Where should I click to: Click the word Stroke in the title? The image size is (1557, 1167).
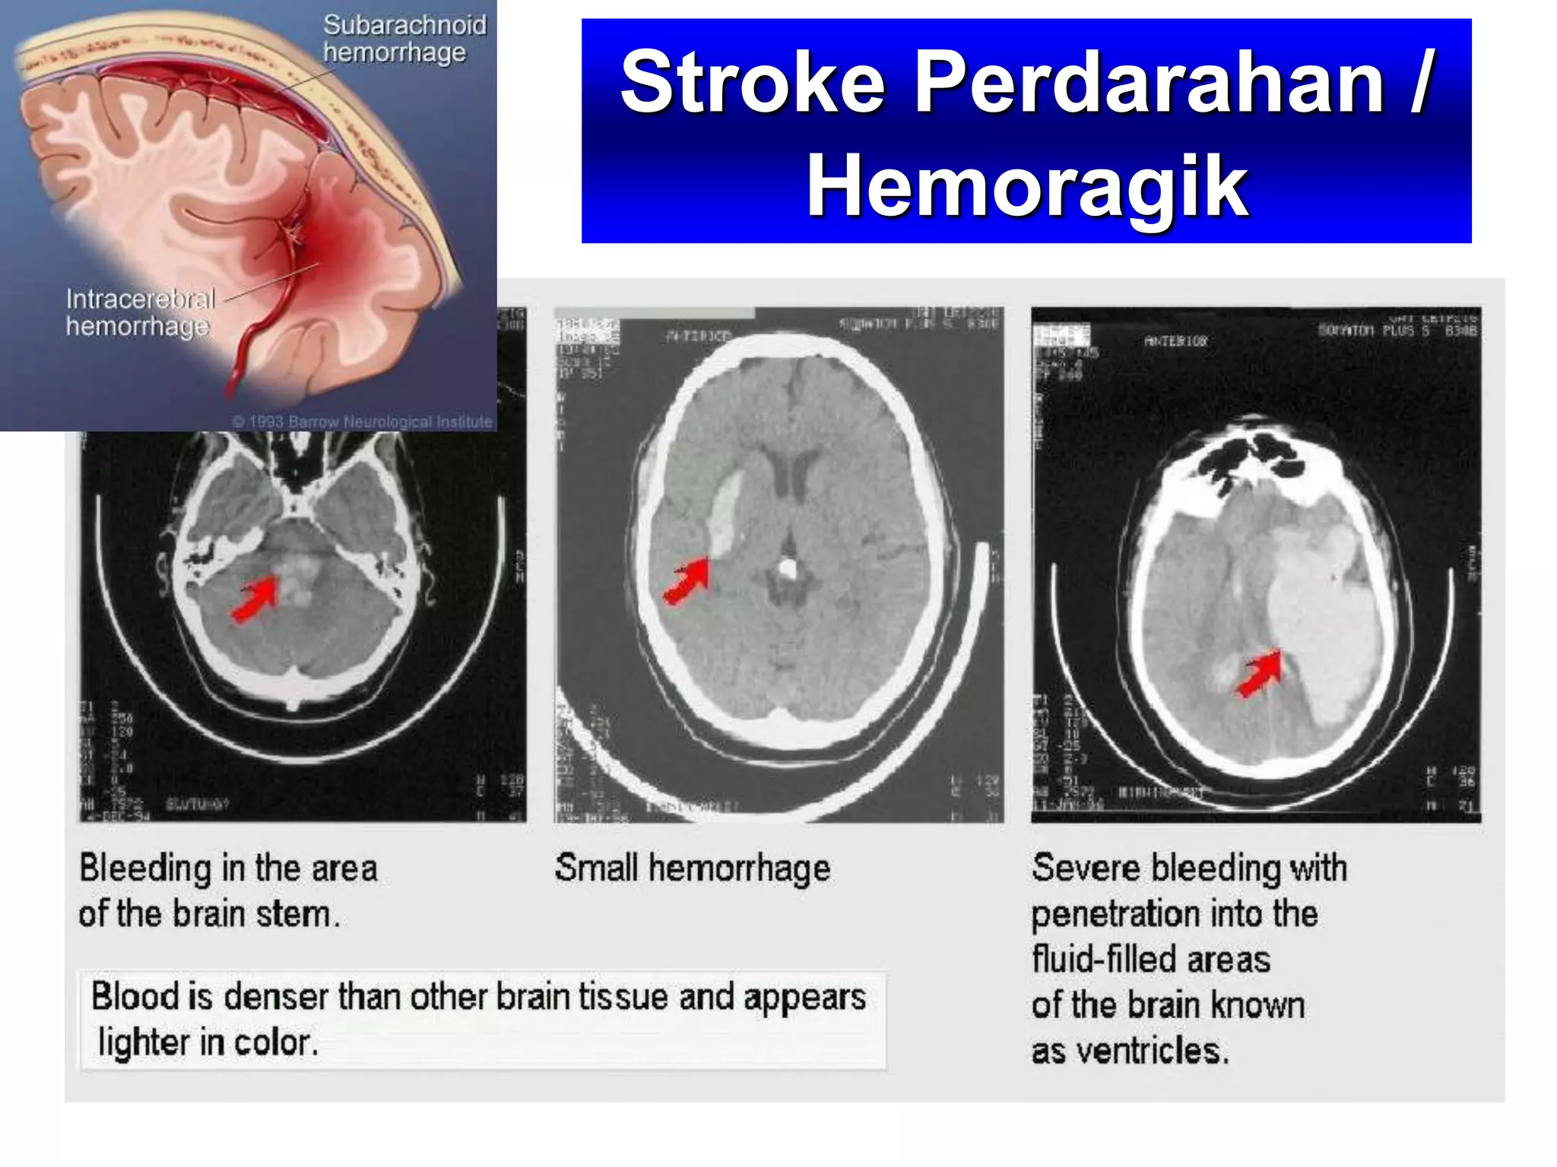pos(752,82)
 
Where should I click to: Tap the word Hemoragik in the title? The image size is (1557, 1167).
pos(1026,185)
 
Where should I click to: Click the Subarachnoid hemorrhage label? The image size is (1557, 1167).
pos(404,39)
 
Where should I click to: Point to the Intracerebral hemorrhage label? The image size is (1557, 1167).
pos(140,312)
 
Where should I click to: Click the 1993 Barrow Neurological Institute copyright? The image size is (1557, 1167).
pos(362,422)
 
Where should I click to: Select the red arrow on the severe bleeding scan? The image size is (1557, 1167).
pos(1260,673)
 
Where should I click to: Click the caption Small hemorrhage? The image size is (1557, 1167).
pos(692,868)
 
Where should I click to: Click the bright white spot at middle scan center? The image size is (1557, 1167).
pos(788,568)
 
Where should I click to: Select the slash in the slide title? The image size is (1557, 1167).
pos(1421,82)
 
